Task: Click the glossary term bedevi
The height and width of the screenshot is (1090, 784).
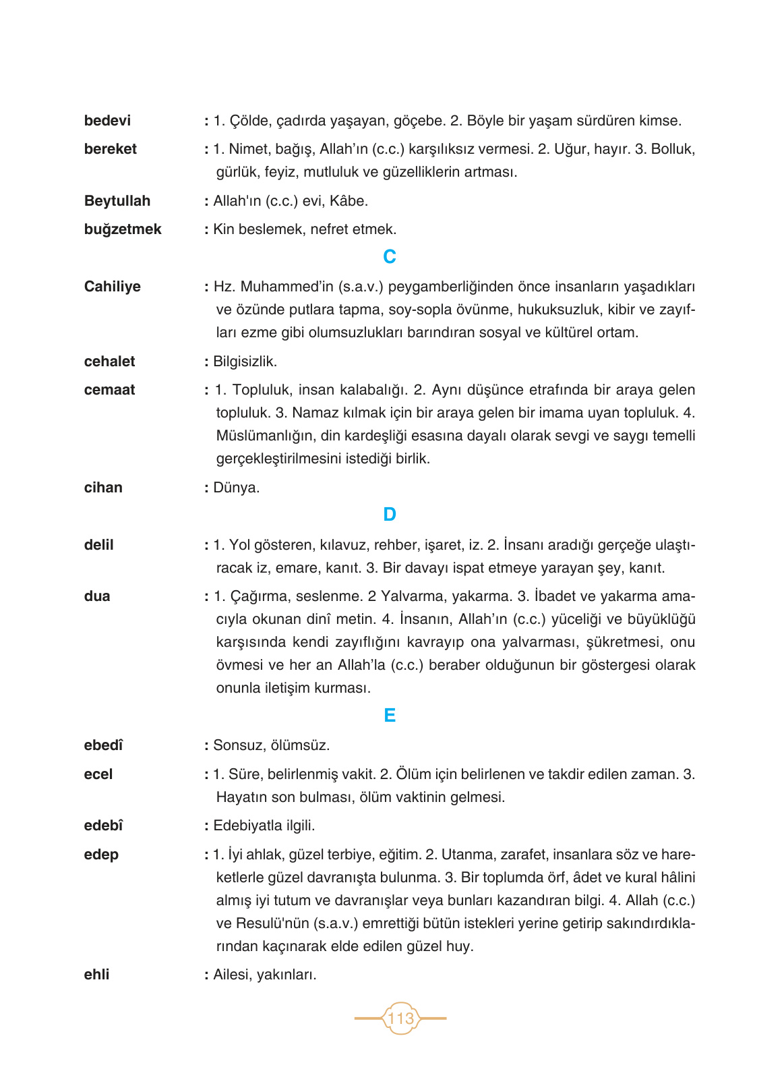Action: click(x=107, y=121)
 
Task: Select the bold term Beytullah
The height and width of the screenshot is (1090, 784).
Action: click(x=117, y=201)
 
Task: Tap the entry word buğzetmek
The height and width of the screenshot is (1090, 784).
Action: click(x=123, y=229)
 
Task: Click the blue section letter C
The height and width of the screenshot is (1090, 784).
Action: click(x=390, y=257)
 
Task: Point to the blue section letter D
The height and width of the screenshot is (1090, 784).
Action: click(x=390, y=515)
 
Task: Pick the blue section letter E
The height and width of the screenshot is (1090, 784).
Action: click(x=390, y=716)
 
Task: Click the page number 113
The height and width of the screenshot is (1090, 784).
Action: click(x=400, y=1019)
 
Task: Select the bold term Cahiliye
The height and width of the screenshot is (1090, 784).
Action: click(x=113, y=287)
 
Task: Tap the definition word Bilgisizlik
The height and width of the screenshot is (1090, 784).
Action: click(x=245, y=362)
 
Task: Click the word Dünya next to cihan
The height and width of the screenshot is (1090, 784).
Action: click(x=236, y=488)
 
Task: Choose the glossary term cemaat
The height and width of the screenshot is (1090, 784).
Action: click(x=109, y=390)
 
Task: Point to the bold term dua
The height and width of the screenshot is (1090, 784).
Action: click(x=97, y=596)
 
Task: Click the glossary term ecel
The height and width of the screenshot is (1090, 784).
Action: click(x=98, y=774)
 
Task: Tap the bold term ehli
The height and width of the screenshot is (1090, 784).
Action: click(x=96, y=975)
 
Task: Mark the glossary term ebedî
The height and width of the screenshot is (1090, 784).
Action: click(x=104, y=745)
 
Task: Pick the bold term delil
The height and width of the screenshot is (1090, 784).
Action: click(x=99, y=545)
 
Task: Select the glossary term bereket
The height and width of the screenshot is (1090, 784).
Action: click(x=111, y=149)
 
